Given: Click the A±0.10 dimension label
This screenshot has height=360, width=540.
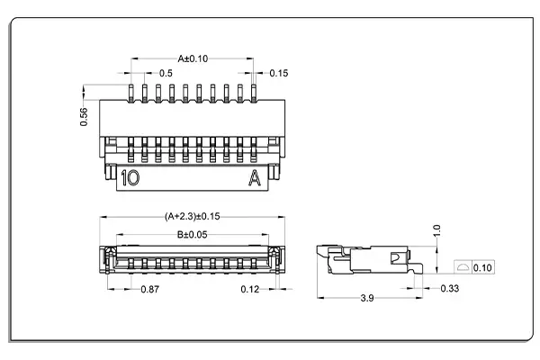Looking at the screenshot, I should tap(193, 58).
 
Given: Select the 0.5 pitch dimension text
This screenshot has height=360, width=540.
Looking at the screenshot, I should tap(166, 73).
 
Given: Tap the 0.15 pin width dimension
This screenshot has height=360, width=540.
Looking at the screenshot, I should tap(278, 73).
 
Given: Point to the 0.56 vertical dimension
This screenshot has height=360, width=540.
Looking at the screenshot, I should tap(84, 117).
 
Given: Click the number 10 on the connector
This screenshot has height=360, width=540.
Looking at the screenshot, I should tap(130, 178).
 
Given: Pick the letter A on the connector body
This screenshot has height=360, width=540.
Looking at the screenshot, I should tap(255, 178).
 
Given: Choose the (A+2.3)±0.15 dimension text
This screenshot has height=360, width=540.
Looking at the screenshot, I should tap(193, 217).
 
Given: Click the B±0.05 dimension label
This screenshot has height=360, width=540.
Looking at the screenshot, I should tap(193, 234).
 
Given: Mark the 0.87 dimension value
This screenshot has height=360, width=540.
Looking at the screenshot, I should tap(151, 289).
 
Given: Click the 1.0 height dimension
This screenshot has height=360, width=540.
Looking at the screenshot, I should tap(436, 230).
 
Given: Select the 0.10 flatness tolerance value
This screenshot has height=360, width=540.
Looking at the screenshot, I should tap(482, 267).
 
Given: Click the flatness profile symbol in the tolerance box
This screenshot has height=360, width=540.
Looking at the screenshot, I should tap(463, 267).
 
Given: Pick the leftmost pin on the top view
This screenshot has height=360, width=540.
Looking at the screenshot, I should tap(131, 93).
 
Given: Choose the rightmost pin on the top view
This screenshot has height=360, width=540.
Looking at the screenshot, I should tap(254, 93).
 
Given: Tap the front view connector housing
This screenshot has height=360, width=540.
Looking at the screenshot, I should tap(193, 261).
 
